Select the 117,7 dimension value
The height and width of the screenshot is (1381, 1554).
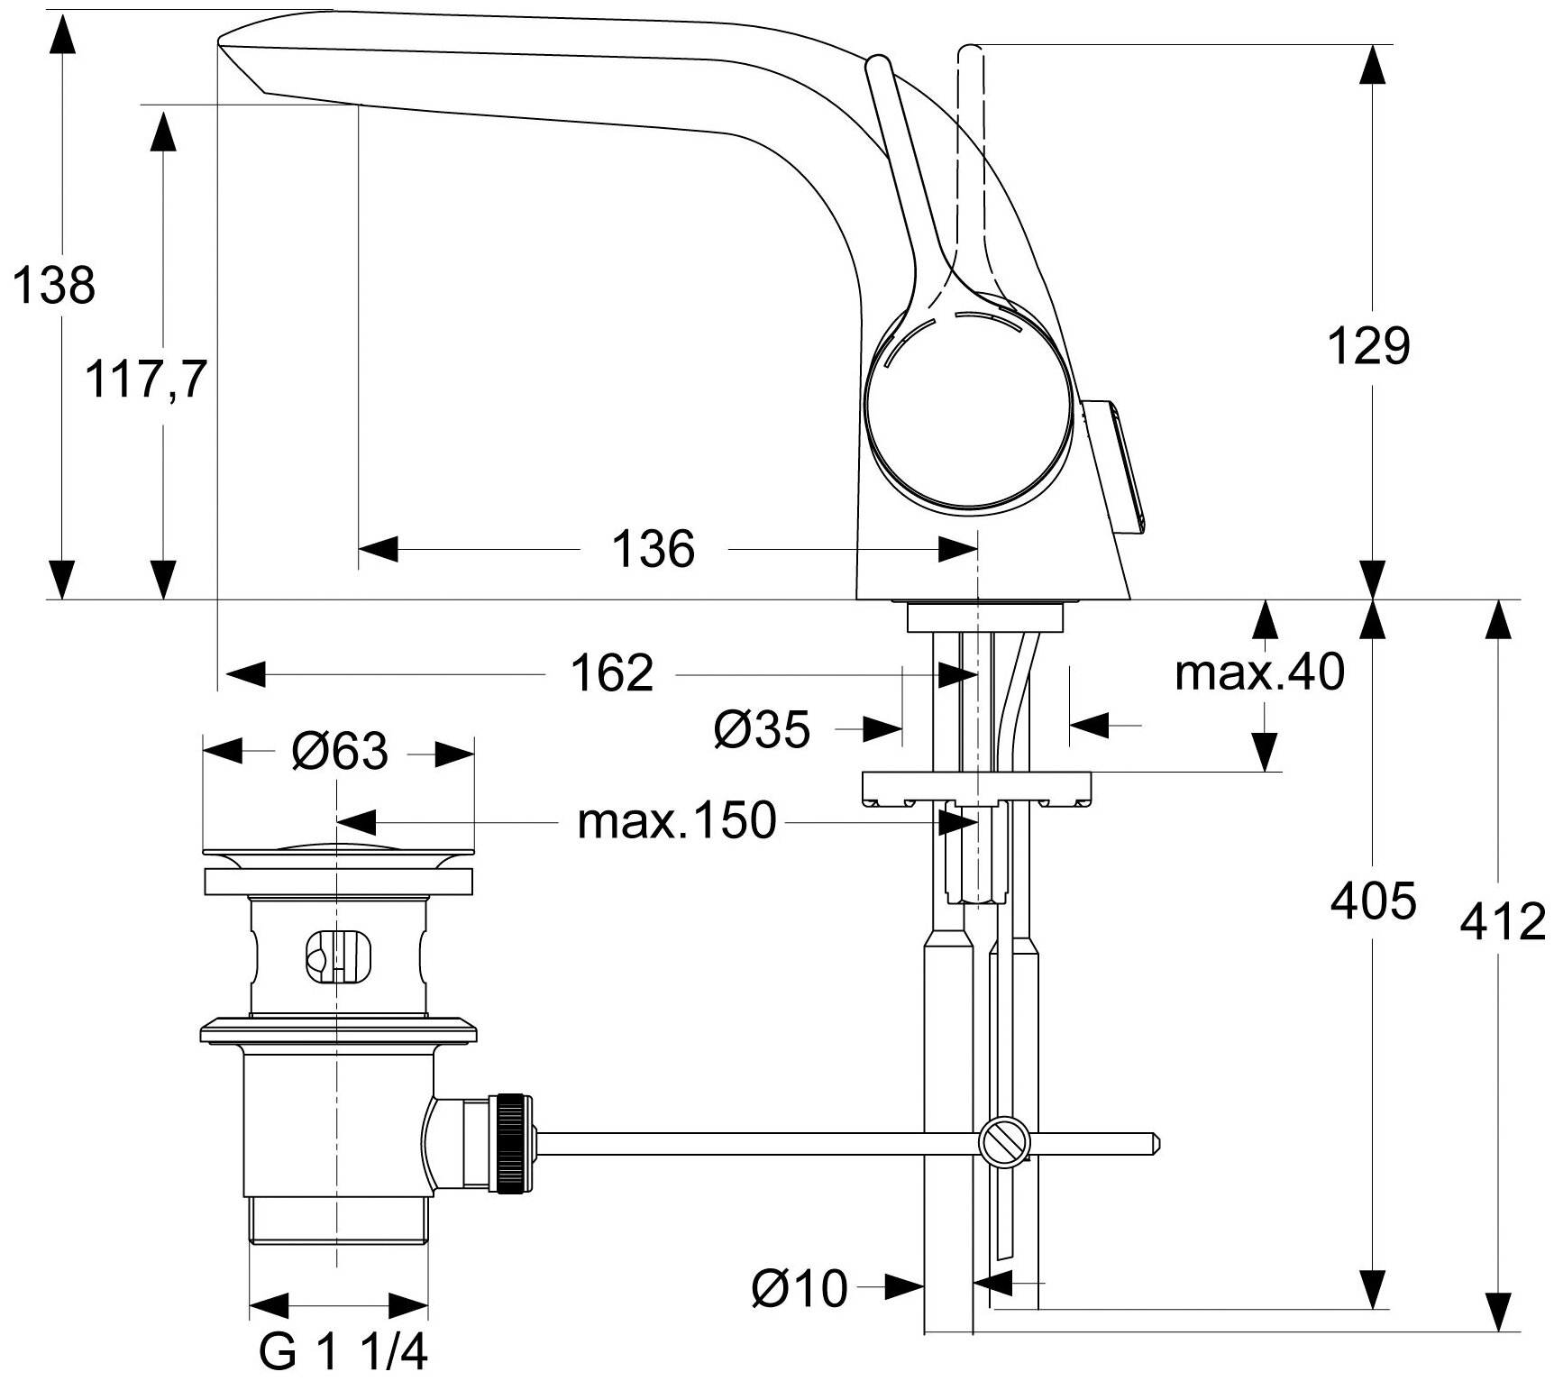pyautogui.click(x=146, y=379)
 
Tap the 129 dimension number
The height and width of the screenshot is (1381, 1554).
pyautogui.click(x=1368, y=346)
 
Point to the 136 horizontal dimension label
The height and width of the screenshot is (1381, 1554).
pyautogui.click(x=654, y=549)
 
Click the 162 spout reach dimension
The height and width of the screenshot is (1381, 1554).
pyautogui.click(x=612, y=673)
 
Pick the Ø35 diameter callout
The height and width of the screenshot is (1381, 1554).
pyautogui.click(x=762, y=729)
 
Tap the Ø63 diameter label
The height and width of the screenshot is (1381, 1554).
pyautogui.click(x=339, y=751)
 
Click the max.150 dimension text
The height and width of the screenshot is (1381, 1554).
pyautogui.click(x=676, y=821)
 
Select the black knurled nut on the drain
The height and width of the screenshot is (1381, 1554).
pyautogui.click(x=510, y=1147)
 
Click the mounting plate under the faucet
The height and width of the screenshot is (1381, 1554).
pyautogui.click(x=977, y=788)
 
